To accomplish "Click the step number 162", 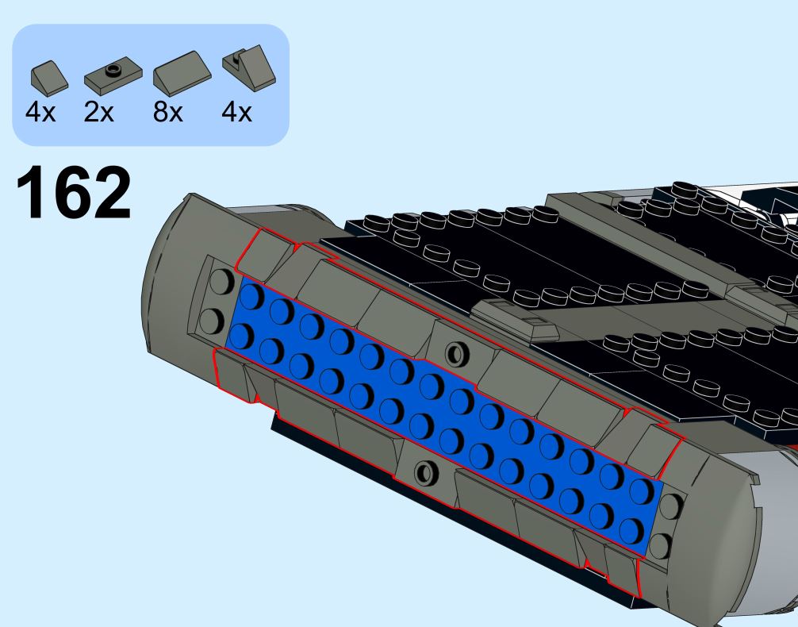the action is pyautogui.click(x=74, y=193).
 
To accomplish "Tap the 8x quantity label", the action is pyautogui.click(x=167, y=112).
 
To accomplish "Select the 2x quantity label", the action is pyautogui.click(x=98, y=112).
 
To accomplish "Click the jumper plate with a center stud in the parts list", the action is pyautogui.click(x=113, y=75).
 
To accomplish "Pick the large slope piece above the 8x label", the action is pyautogui.click(x=182, y=73).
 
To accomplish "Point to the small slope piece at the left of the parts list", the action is pyautogui.click(x=49, y=79).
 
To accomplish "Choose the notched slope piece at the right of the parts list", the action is pyautogui.click(x=249, y=67).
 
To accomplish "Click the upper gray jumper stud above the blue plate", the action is pyautogui.click(x=457, y=353).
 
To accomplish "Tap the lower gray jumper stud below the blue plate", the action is pyautogui.click(x=425, y=472).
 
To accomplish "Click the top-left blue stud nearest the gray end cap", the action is pyautogui.click(x=251, y=296).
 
